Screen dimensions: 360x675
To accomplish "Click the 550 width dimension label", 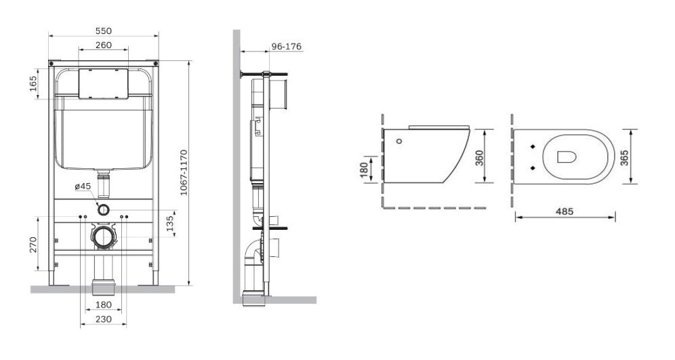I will click(103, 31).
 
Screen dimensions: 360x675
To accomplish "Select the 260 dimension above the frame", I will click(103, 45).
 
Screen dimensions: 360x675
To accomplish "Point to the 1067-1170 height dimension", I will click(184, 173).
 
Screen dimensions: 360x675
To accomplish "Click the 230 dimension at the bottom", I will click(103, 319).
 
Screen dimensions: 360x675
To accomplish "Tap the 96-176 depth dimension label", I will click(286, 47).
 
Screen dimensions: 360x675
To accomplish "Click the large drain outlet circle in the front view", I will click(103, 237).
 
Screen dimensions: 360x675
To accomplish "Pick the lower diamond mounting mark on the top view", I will click(533, 167).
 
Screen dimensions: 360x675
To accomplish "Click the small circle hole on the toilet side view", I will click(398, 142).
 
